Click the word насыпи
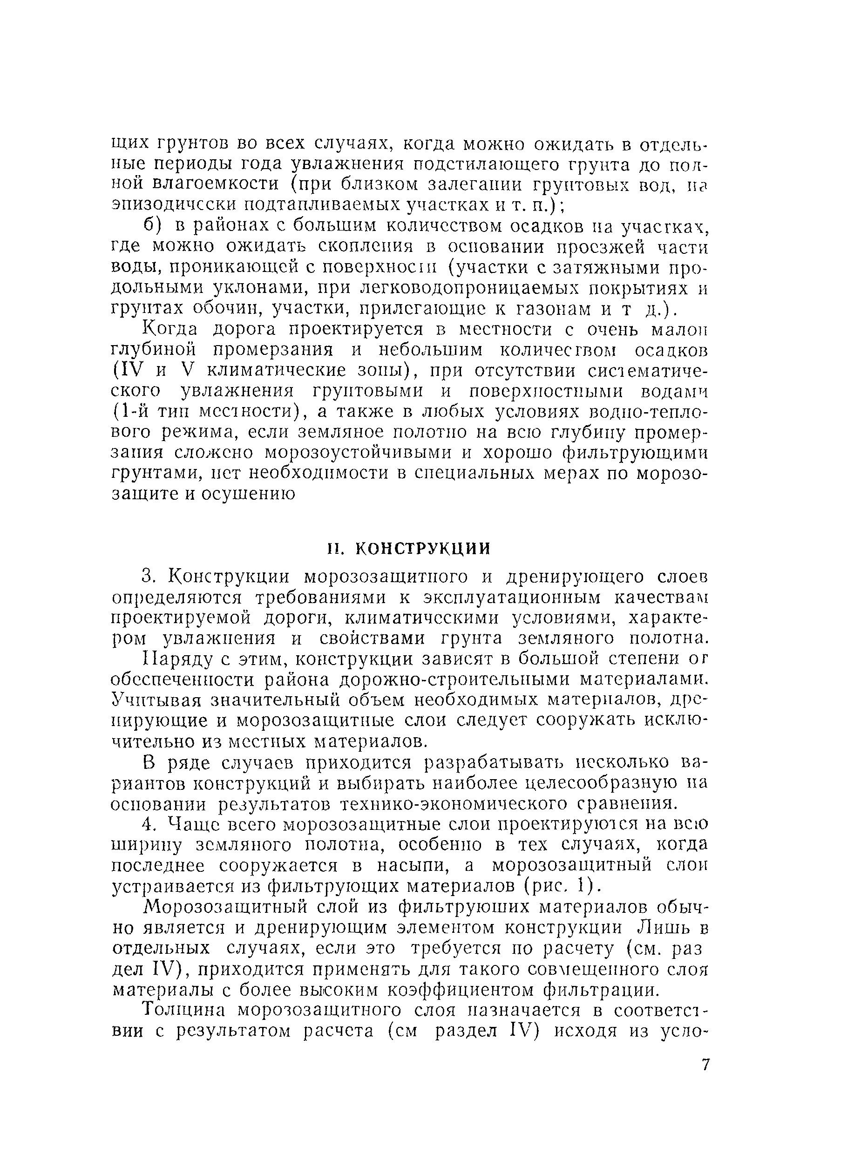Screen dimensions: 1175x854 (413, 866)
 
